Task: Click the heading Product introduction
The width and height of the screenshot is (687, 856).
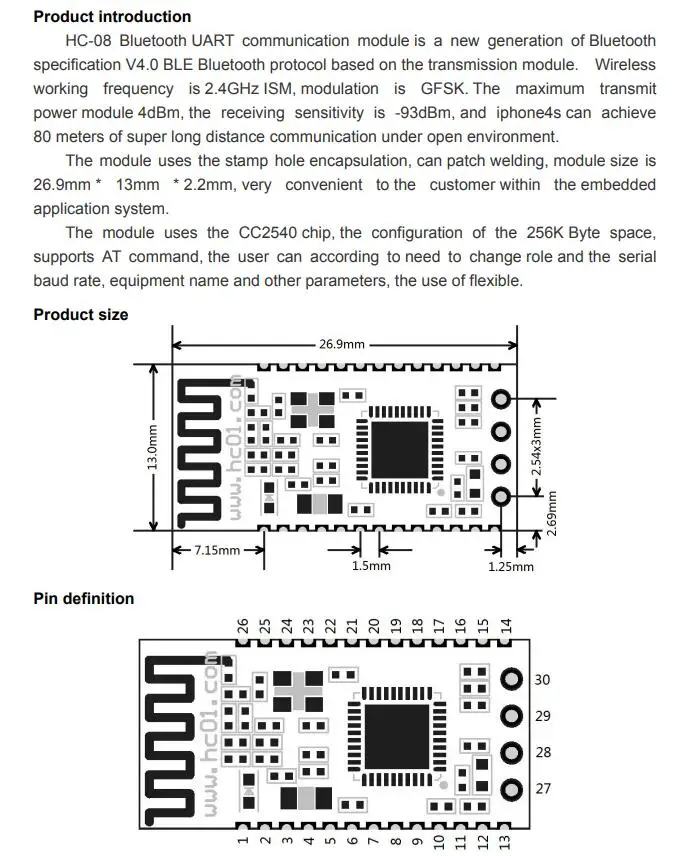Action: [x=112, y=16]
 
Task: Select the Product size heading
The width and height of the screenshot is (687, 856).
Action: [x=81, y=314]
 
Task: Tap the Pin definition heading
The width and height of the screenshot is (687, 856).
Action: [x=84, y=598]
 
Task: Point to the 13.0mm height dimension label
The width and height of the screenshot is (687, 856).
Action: [x=153, y=448]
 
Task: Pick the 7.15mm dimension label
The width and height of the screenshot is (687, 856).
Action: [x=217, y=550]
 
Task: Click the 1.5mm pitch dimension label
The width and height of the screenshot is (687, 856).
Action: [x=371, y=566]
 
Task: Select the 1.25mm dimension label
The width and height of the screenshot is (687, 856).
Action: [x=510, y=567]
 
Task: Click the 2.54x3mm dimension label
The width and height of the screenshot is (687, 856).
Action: [x=537, y=446]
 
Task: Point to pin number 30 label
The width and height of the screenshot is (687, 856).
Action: [x=543, y=680]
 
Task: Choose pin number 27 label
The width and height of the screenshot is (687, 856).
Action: [x=543, y=788]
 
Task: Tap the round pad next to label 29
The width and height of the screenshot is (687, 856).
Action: [x=512, y=716]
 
